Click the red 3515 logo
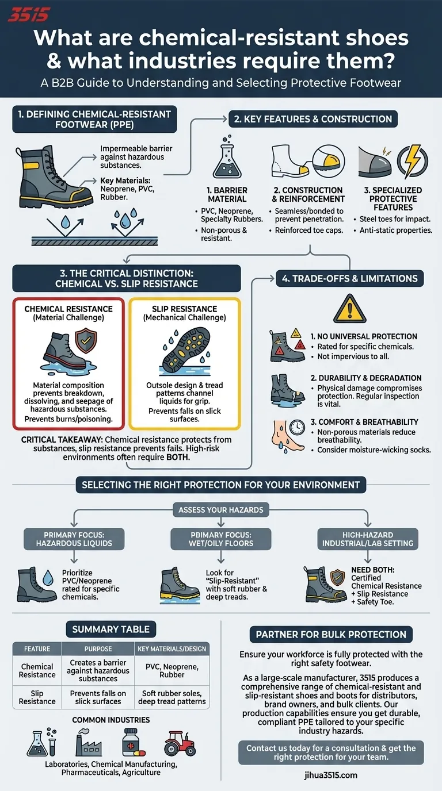click(29, 14)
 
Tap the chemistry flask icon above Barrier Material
click(227, 160)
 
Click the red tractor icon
click(180, 743)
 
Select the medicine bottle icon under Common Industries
click(132, 742)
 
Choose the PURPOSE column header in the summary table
click(98, 649)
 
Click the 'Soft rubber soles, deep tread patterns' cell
click(172, 697)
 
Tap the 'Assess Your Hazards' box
click(220, 509)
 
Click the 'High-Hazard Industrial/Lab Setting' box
click(368, 539)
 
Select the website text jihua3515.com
click(331, 775)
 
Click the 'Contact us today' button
click(331, 752)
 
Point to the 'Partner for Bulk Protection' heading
click(331, 635)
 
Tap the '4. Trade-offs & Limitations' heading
click(350, 278)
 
